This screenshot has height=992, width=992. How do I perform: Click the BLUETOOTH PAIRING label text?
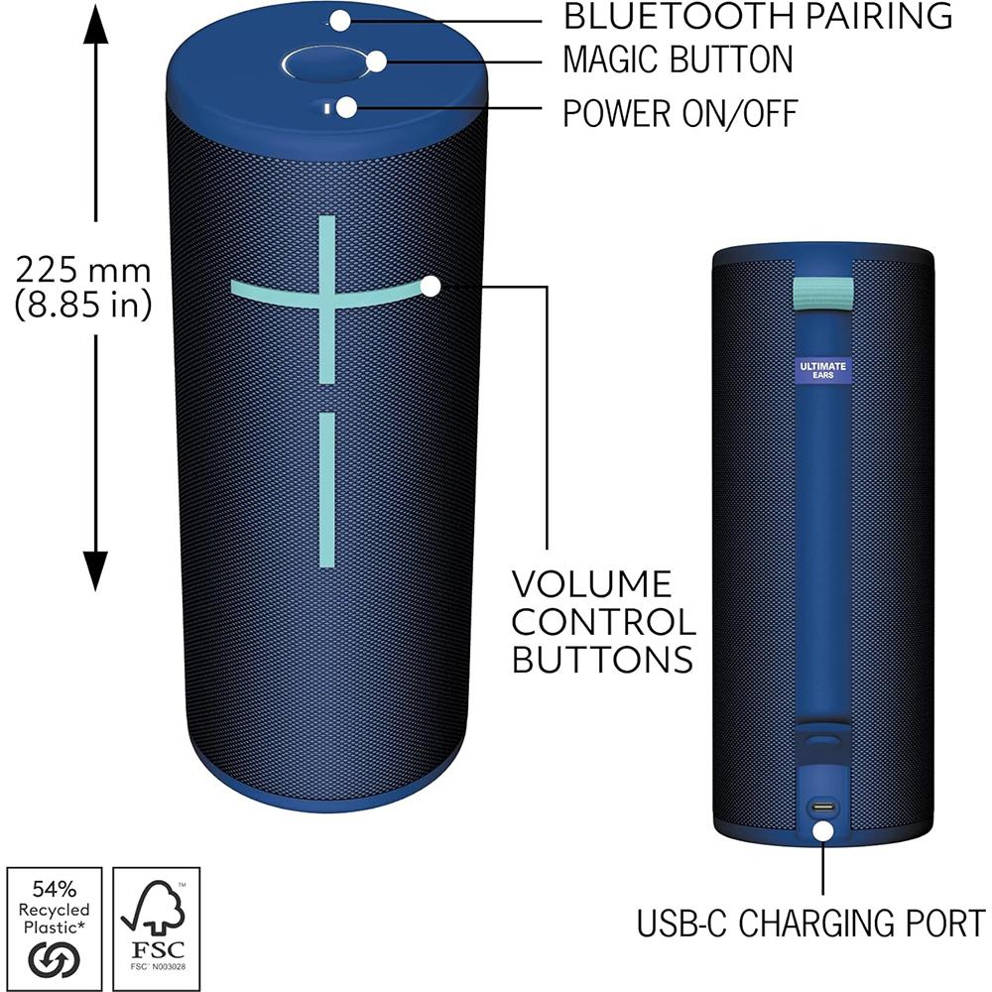[758, 17]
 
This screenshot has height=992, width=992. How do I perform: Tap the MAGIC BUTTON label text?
[678, 62]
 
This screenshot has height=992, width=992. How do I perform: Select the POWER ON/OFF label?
[680, 114]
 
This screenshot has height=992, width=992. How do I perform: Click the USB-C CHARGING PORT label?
[810, 923]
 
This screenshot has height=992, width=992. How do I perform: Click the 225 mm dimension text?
[83, 270]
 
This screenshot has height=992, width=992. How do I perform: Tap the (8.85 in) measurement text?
[83, 306]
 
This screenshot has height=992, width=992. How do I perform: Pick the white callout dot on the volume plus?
[431, 287]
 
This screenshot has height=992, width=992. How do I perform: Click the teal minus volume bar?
[326, 491]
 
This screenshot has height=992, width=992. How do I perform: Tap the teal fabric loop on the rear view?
[823, 294]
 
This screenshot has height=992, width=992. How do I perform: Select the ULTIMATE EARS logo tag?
[822, 371]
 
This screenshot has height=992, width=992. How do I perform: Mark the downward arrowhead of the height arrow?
[95, 573]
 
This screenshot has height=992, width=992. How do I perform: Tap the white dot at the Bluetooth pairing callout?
[340, 19]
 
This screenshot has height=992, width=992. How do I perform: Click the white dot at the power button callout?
[346, 107]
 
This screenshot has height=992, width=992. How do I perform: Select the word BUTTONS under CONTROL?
[603, 658]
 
